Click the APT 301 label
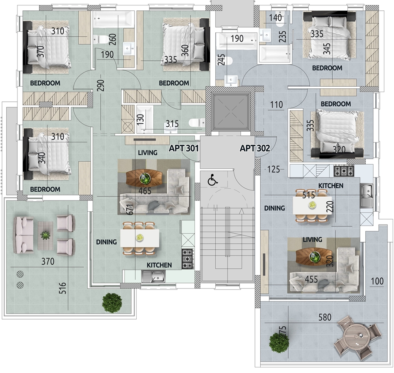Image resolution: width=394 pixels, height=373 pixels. [x=184, y=148]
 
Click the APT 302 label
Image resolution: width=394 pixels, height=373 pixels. [x=255, y=148]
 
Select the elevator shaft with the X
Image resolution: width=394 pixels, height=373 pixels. [x=231, y=112]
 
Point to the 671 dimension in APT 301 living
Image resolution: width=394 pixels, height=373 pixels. [x=130, y=209]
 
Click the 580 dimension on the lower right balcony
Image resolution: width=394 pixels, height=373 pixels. [x=324, y=317]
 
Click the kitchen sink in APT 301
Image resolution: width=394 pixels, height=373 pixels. [x=153, y=276]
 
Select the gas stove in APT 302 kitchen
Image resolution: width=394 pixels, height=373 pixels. [x=344, y=171]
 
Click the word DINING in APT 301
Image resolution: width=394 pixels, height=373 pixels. [x=106, y=242]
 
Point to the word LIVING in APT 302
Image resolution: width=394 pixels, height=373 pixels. [x=312, y=240]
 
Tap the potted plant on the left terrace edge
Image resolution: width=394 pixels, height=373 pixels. [x=112, y=303]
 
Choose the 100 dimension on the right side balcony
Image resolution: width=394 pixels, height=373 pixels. [x=377, y=281]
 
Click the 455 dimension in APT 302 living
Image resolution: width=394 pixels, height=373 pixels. [x=312, y=279]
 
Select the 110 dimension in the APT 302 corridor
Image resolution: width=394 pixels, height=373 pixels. [x=277, y=104]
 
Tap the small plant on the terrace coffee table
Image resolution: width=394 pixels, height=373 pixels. [x=45, y=235]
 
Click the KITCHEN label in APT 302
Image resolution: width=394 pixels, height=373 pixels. [x=331, y=185]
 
